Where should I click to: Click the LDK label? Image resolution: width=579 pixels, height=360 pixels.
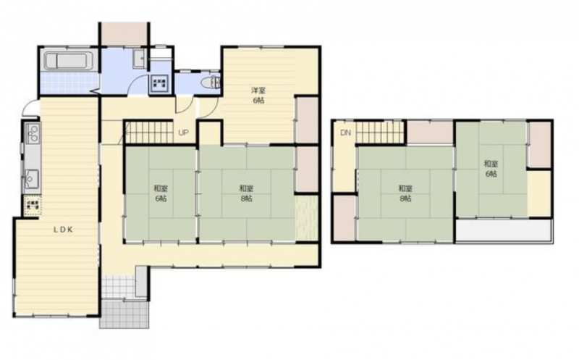(63, 230)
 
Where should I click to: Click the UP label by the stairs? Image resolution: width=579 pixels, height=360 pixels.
(183, 133)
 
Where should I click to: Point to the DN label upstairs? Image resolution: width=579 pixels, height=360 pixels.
(346, 133)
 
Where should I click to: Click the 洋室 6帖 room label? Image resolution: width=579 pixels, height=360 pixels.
(258, 95)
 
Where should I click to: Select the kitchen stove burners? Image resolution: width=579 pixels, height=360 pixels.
(32, 133)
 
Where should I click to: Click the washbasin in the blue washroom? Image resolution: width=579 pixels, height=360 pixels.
(140, 59)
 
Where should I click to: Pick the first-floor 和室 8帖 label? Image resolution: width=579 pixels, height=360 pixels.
(246, 193)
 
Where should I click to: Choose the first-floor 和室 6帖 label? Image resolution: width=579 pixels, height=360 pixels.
(160, 193)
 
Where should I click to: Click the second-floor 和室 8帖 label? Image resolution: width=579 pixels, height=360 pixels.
(405, 193)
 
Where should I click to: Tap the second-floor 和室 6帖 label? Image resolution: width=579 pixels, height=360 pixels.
(491, 169)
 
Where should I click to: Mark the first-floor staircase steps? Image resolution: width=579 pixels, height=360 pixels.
(150, 132)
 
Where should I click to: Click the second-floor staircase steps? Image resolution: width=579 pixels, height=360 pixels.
(381, 133)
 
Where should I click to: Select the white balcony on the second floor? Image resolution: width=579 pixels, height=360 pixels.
(504, 231)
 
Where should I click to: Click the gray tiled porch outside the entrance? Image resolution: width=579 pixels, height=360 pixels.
(124, 314)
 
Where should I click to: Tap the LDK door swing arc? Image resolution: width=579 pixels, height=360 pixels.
(29, 106)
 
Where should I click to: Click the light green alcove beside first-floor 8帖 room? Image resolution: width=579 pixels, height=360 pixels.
(307, 217)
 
